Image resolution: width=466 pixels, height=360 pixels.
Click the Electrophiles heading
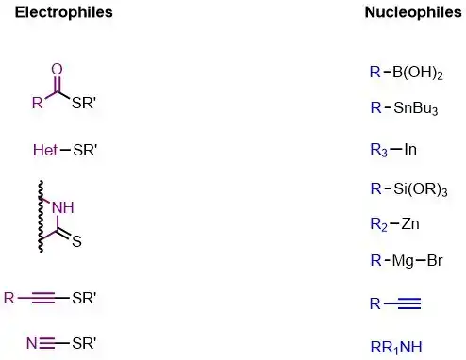click(64, 12)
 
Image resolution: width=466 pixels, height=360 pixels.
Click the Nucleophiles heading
click(413, 12)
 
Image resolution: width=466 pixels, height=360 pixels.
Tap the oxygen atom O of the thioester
click(57, 69)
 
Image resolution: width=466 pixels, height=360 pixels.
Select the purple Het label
click(45, 150)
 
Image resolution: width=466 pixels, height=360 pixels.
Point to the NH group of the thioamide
click(63, 207)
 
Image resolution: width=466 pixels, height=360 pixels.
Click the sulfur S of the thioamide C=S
click(76, 241)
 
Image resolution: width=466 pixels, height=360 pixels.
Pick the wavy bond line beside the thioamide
click(41, 217)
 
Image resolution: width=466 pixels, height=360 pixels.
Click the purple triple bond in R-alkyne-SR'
click(43, 298)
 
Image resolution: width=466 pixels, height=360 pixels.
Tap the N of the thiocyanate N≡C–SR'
click(32, 343)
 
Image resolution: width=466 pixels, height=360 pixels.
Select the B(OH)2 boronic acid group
click(418, 73)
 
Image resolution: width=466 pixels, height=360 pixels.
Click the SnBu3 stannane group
click(415, 108)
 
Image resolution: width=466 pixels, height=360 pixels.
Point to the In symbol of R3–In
click(410, 149)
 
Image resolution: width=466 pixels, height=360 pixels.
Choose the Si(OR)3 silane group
click(420, 189)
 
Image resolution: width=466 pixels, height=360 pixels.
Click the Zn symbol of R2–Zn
click(410, 224)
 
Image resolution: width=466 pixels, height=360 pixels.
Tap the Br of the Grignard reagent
click(435, 260)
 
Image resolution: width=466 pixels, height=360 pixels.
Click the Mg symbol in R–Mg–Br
click(403, 261)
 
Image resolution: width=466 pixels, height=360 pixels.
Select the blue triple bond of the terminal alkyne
click(409, 303)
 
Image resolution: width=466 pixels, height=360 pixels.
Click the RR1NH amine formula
click(396, 348)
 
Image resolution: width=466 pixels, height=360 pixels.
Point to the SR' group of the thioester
click(83, 103)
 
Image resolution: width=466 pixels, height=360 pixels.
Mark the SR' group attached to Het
click(85, 150)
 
